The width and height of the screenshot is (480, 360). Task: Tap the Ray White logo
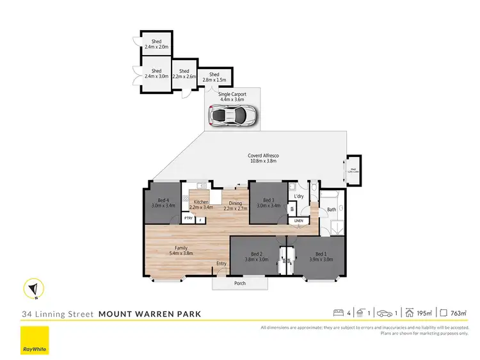pos(35,340)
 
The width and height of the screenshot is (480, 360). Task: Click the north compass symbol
pos(33,289)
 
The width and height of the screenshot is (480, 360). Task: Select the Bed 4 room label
pos(163,202)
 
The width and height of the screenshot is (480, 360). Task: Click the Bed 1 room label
pos(320,256)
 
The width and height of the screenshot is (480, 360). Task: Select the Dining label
pos(234,204)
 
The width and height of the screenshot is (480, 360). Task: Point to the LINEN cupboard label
pos(298,221)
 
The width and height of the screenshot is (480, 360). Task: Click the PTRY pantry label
pos(189,218)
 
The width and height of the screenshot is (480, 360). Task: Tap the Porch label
pos(240,283)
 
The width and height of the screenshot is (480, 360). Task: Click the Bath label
pos(331,209)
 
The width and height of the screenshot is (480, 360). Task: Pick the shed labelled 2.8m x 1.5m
pos(214,77)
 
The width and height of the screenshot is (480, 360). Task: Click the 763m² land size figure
pos(458,313)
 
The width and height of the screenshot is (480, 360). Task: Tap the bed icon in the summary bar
pos(339,313)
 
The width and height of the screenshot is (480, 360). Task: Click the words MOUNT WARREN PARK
pos(150,314)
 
